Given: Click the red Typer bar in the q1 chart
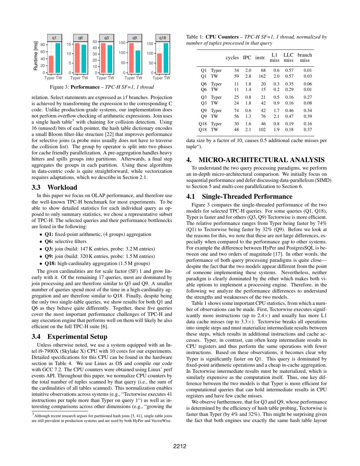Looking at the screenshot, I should [x=51, y=64].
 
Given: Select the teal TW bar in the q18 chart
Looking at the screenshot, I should [x=166, y=58].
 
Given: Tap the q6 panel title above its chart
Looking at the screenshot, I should [x=81, y=38].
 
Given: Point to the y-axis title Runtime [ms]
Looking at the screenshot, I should [x=36, y=56].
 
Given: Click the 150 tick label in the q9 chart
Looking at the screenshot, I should [x=122, y=43].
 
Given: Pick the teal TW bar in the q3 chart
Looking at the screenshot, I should [x=110, y=59].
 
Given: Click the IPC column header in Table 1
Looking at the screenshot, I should [x=247, y=58].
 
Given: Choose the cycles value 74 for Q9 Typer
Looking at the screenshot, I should [x=236, y=110].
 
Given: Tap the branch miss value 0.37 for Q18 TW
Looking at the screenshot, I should [x=308, y=130].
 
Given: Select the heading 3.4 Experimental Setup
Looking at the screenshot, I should [x=69, y=337].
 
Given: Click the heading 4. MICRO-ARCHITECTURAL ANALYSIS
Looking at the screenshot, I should [x=255, y=160].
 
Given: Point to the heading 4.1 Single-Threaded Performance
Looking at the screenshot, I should [x=239, y=196].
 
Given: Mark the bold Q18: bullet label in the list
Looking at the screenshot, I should [x=50, y=263].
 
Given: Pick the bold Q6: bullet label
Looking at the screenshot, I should [x=49, y=241].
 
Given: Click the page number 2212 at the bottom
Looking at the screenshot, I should [x=180, y=447].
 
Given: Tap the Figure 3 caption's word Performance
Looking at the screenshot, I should [x=85, y=87].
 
